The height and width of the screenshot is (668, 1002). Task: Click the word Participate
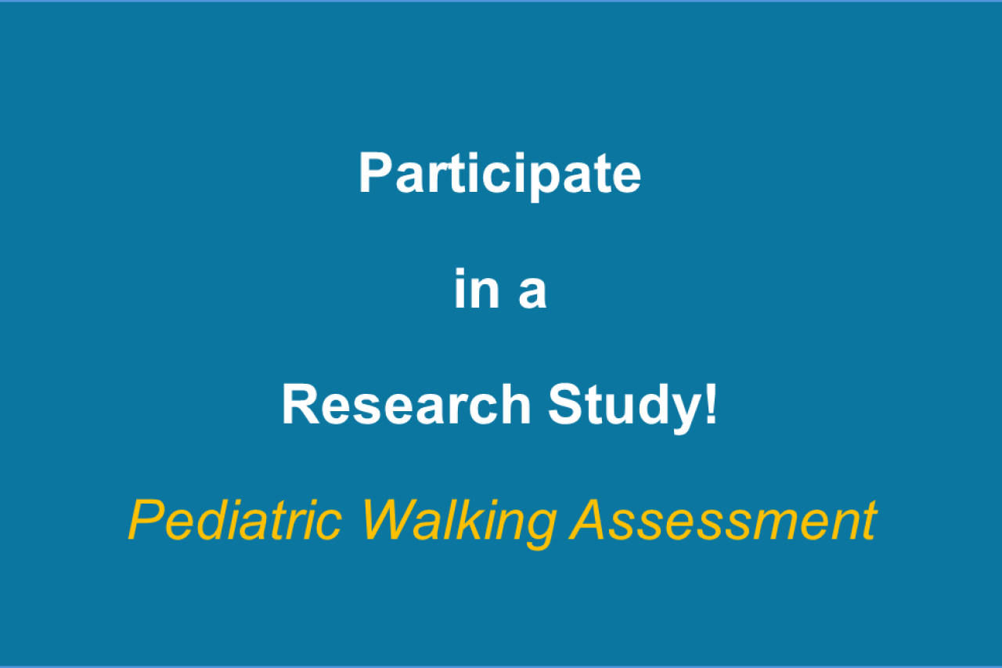(500, 175)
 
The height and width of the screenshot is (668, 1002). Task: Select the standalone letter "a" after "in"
(533, 293)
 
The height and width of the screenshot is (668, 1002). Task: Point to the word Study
(625, 407)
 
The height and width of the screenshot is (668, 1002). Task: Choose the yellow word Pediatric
(236, 520)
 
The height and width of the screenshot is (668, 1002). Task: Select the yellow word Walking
(460, 523)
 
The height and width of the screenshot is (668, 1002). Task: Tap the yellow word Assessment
(723, 520)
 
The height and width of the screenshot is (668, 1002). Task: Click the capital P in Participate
(377, 172)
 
